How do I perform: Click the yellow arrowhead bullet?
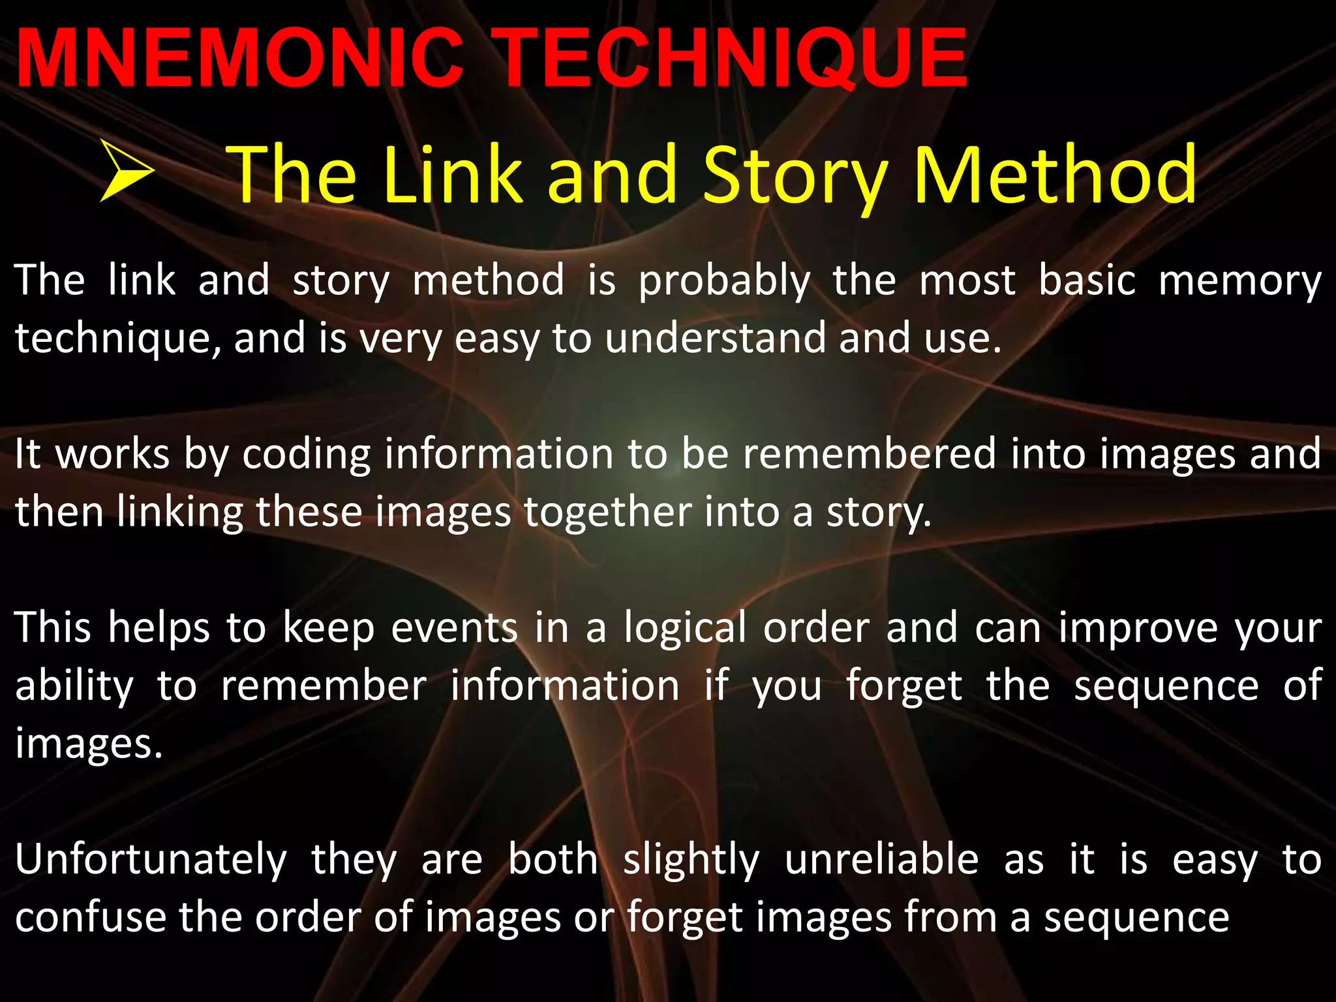pyautogui.click(x=128, y=172)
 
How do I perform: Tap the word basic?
pyautogui.click(x=1087, y=281)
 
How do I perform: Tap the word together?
pyautogui.click(x=607, y=512)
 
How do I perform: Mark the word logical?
pyautogui.click(x=684, y=628)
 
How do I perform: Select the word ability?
pyautogui.click(x=74, y=687)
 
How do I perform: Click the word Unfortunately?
pyautogui.click(x=151, y=860)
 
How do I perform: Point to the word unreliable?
pyautogui.click(x=881, y=859)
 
